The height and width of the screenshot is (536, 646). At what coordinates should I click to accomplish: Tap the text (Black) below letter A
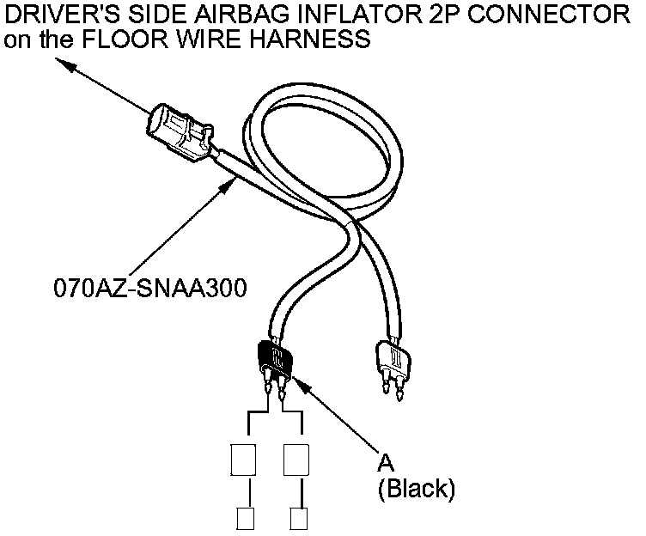(416, 490)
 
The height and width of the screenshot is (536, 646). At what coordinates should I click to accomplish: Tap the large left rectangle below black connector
(244, 459)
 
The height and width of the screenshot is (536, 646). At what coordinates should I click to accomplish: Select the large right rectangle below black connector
(296, 459)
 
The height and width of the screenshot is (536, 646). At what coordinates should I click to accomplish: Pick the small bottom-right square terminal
(299, 518)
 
